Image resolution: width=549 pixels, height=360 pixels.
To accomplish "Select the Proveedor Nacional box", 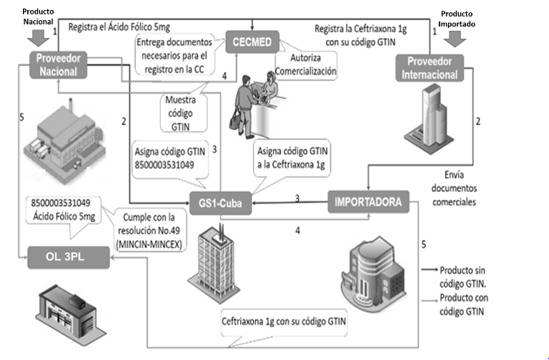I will [59, 63].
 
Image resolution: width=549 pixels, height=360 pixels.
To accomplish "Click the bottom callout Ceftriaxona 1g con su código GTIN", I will [285, 321].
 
